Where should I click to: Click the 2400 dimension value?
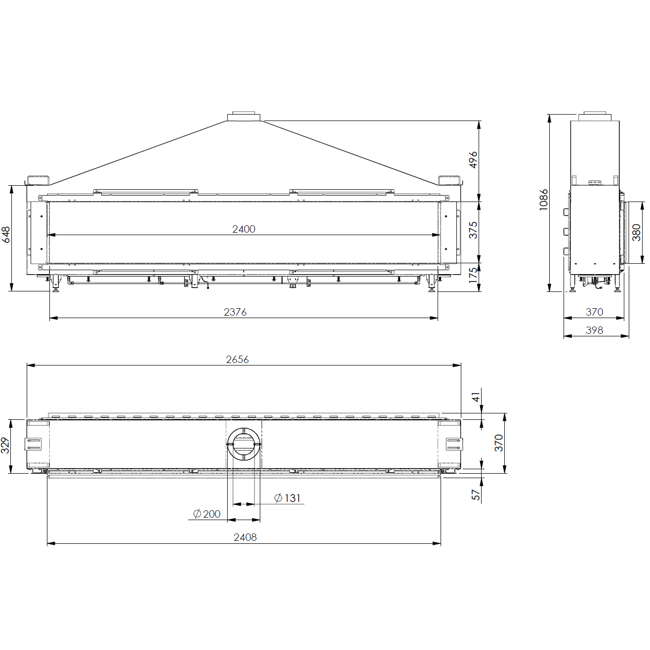coord(244,229)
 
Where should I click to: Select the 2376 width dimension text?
coord(236,312)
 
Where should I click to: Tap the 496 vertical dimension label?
coord(474,160)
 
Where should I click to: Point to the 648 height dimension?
coord(6,235)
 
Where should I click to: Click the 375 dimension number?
coord(474,230)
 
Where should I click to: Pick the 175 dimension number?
coord(474,275)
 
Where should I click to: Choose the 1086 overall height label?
coord(544,200)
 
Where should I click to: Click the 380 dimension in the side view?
coord(636,233)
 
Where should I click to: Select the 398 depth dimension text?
coord(594,330)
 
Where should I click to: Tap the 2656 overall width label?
coord(238,360)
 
